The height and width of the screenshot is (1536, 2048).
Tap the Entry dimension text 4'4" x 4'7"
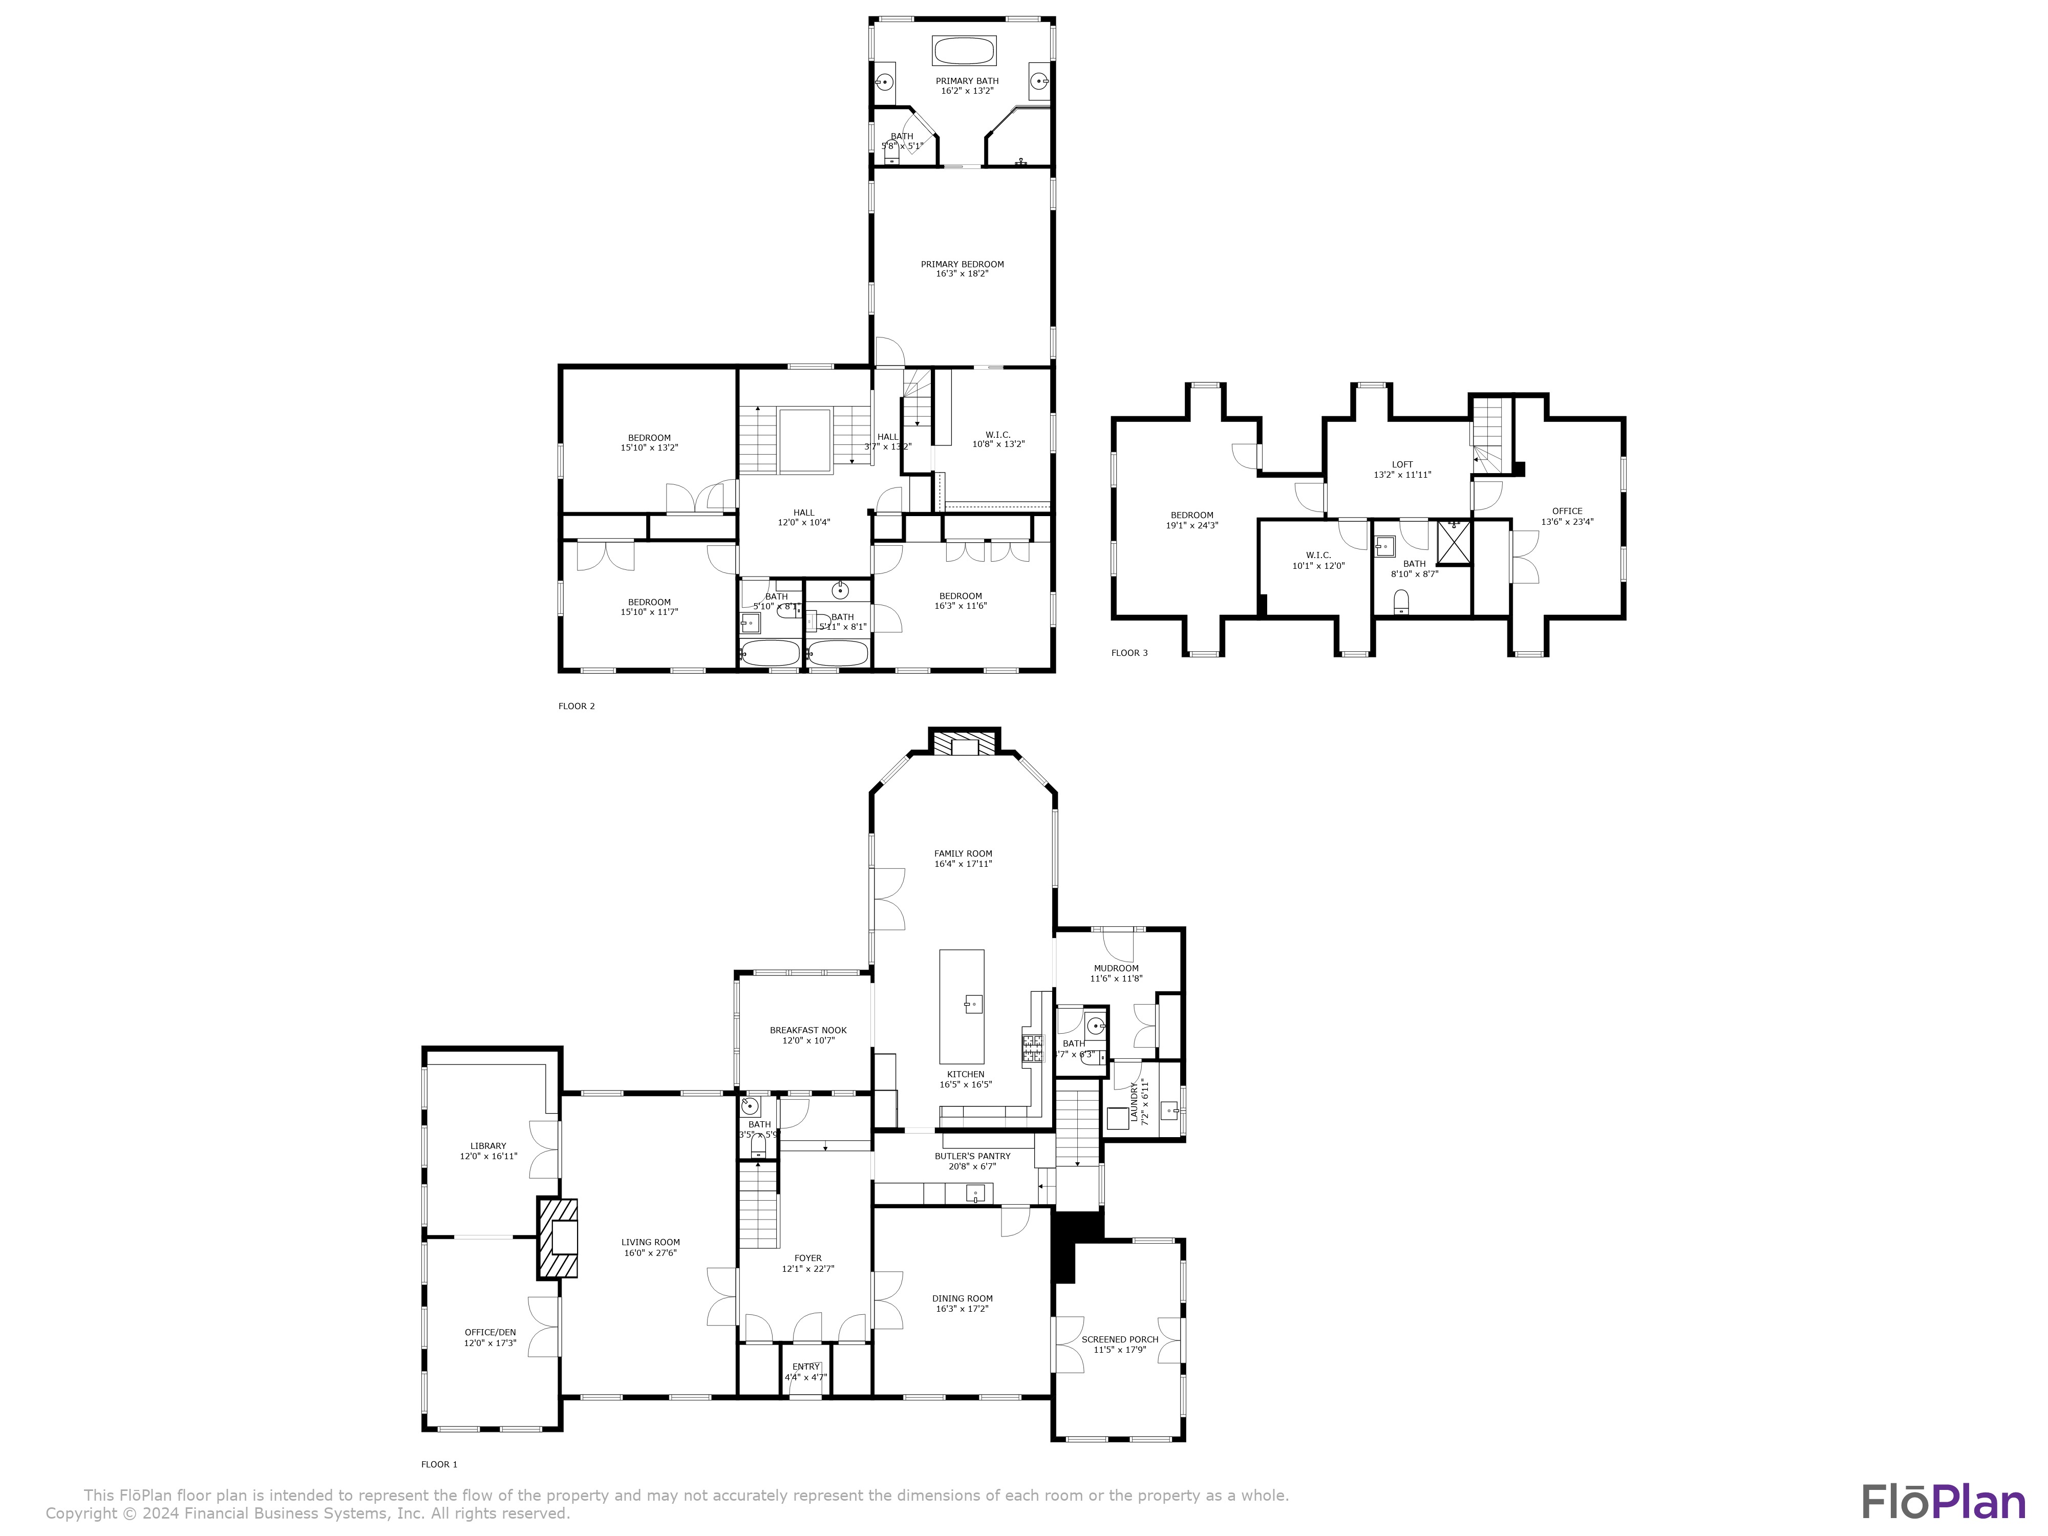point(805,1378)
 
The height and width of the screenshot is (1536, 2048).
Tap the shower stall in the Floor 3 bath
point(1453,543)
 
